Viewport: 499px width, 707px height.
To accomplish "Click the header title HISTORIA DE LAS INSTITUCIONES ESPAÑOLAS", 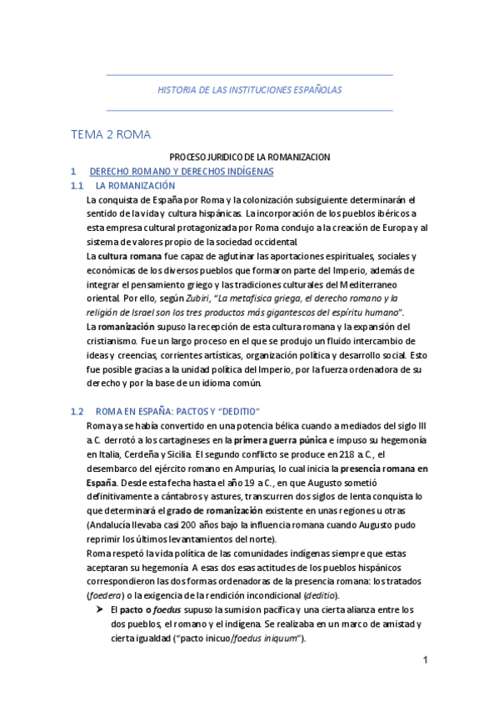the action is (x=250, y=90).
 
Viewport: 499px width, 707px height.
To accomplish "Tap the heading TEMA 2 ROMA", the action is (x=111, y=133).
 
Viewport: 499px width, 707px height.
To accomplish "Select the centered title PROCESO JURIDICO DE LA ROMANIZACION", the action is (x=250, y=157).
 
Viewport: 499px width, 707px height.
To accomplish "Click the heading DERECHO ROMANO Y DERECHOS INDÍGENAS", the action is (x=181, y=171).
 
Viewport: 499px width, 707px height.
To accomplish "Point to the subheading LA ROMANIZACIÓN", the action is (x=135, y=185).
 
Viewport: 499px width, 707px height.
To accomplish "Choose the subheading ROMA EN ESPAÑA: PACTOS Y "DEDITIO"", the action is (x=178, y=411).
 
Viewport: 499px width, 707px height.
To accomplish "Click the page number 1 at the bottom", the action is (x=424, y=661).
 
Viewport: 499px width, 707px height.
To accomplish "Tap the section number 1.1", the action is (x=77, y=185).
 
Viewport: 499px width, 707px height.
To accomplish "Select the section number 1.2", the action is (x=77, y=411).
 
